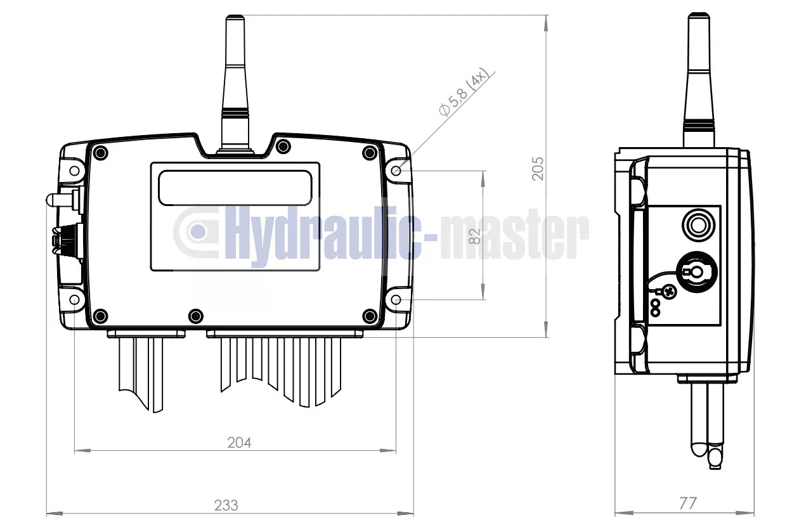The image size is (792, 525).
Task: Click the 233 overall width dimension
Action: [226, 505]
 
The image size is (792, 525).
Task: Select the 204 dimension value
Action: [239, 443]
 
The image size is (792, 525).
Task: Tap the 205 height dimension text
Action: [538, 169]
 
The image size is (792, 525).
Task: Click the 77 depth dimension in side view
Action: [687, 503]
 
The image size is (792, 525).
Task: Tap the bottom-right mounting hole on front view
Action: [397, 299]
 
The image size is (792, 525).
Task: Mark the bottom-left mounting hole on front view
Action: [75, 299]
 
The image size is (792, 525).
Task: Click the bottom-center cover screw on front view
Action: [196, 314]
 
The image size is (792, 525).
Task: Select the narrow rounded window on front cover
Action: [235, 188]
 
